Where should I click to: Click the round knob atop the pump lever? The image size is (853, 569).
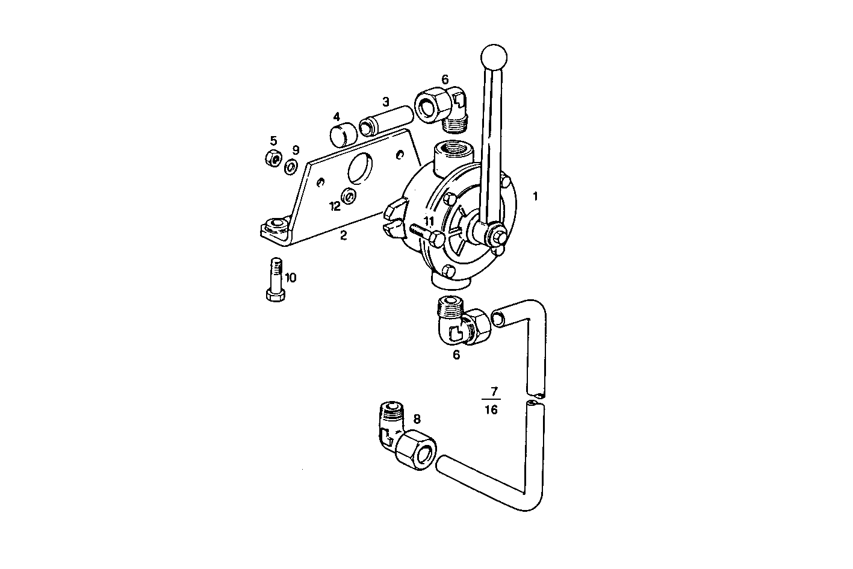click(x=494, y=57)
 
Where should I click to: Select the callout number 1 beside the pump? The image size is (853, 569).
click(x=535, y=196)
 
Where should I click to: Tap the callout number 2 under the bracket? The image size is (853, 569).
click(x=343, y=236)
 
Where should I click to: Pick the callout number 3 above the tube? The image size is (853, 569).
click(x=386, y=101)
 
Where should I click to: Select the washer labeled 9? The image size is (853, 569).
click(x=291, y=166)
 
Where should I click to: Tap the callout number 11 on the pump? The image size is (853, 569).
click(x=428, y=221)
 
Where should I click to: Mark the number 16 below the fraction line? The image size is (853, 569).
click(x=491, y=410)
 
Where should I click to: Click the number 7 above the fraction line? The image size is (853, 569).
click(x=493, y=392)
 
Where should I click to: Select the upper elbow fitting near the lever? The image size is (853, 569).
click(x=443, y=107)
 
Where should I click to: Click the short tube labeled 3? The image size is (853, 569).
click(x=385, y=119)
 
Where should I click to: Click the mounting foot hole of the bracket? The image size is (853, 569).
click(x=277, y=226)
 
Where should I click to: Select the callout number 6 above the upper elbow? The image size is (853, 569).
click(x=445, y=79)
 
